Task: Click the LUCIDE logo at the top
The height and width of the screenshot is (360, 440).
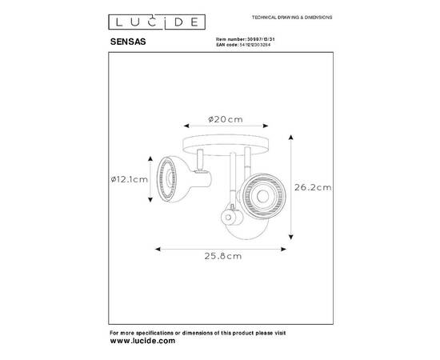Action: pyautogui.click(x=144, y=19)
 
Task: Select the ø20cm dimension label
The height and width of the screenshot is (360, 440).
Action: pyautogui.click(x=226, y=118)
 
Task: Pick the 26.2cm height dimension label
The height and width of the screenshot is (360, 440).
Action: pyautogui.click(x=310, y=188)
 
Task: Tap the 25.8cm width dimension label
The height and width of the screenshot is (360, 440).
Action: pyautogui.click(x=221, y=258)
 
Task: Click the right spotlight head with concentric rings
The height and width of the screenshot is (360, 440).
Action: pyautogui.click(x=258, y=192)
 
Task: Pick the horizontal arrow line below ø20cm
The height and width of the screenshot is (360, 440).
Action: pyautogui.click(x=218, y=126)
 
